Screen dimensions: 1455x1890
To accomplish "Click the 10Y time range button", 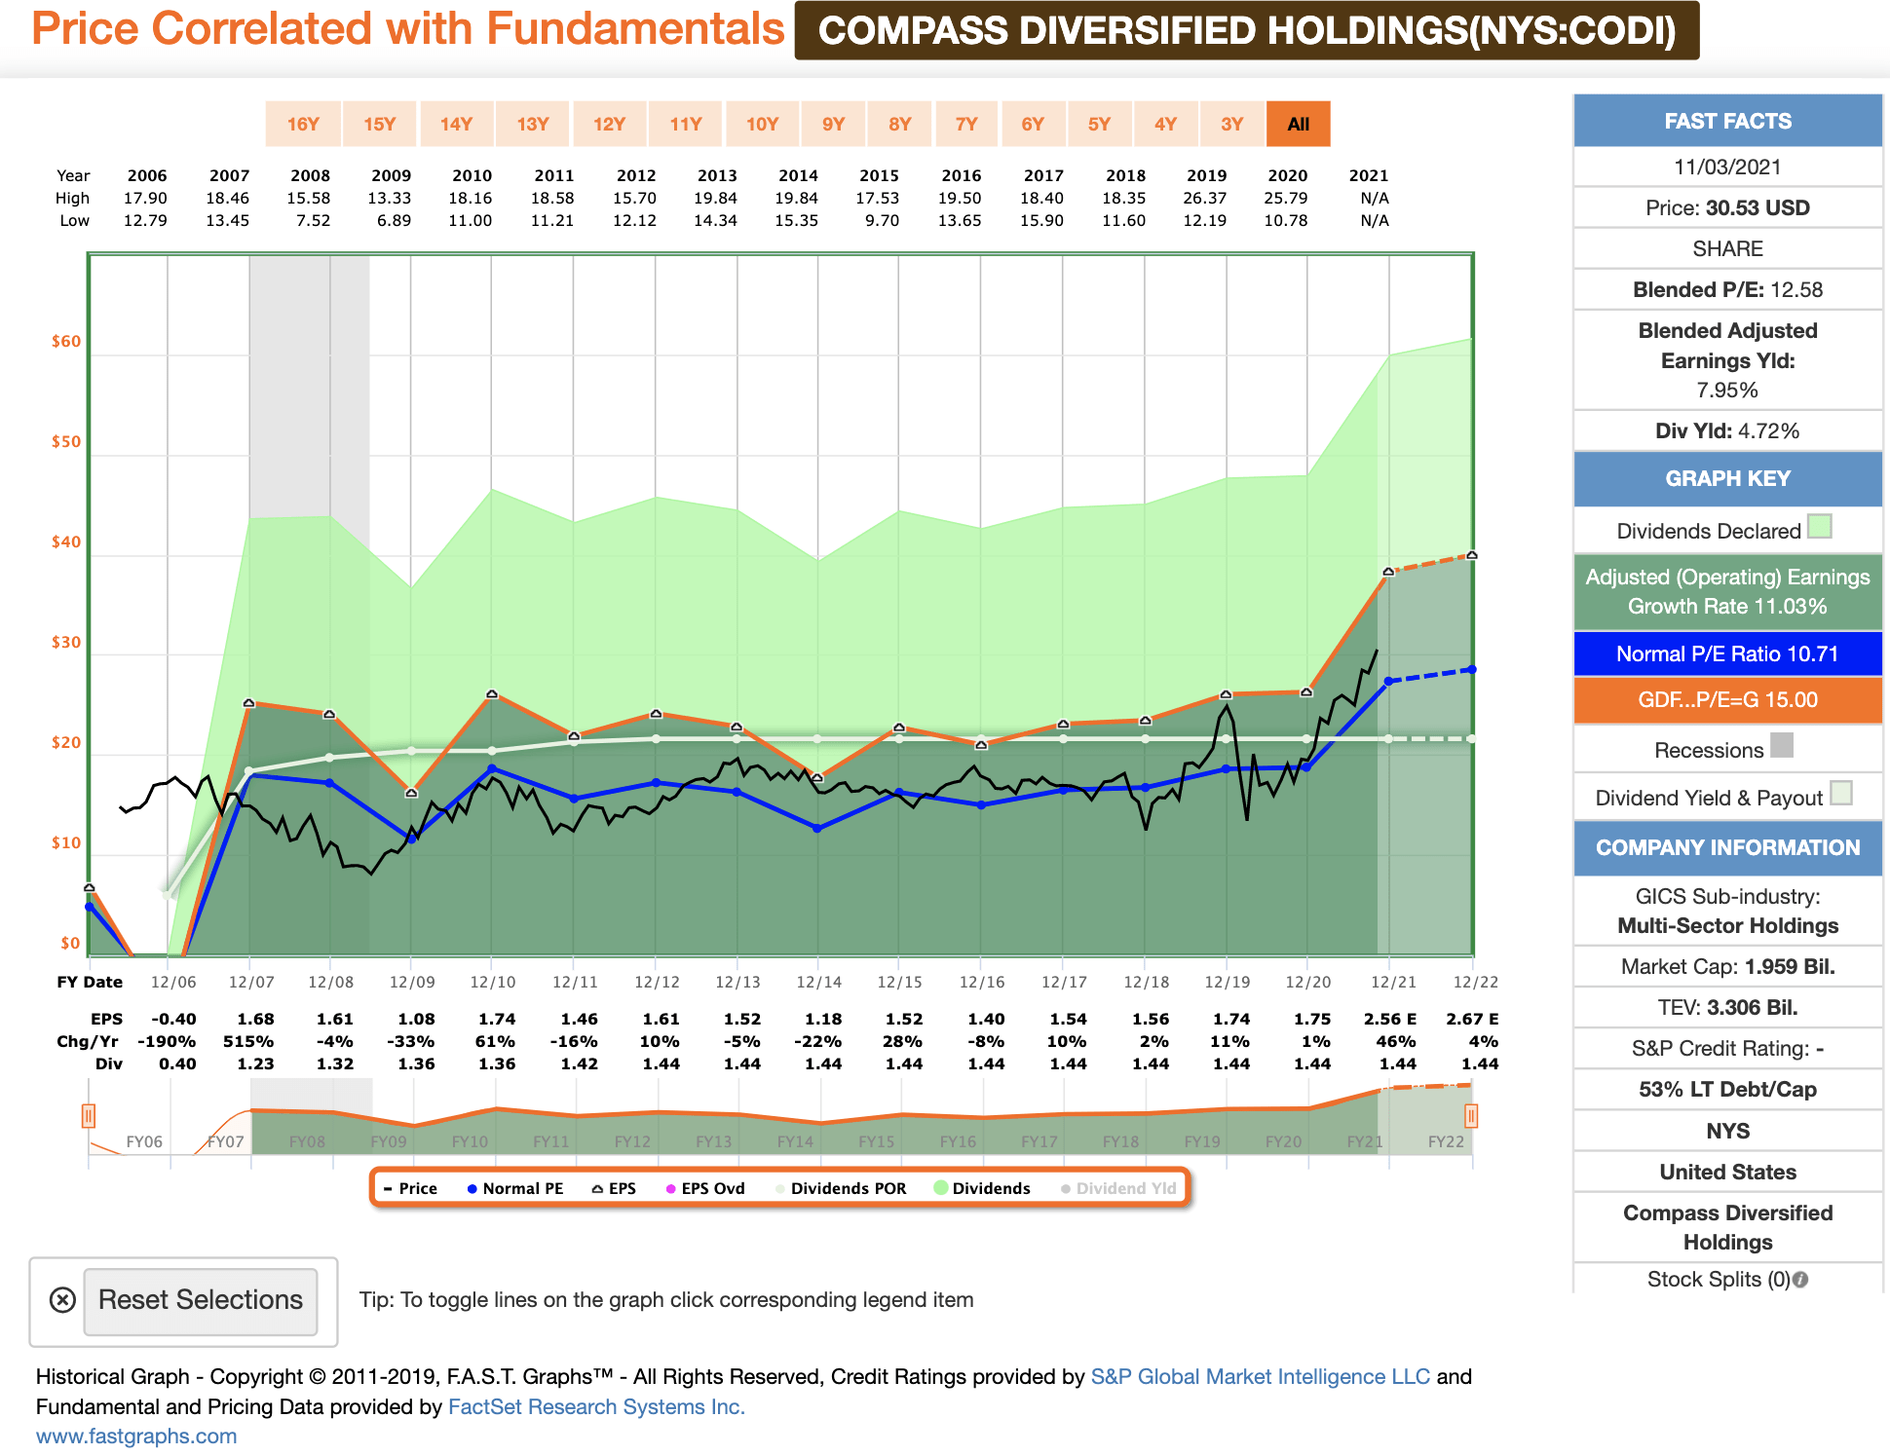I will [x=762, y=124].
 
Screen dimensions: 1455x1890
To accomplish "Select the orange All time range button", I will [x=1298, y=124].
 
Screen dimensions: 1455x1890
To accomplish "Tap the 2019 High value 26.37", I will [x=1205, y=198].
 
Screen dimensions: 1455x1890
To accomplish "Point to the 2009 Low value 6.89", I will [x=394, y=220].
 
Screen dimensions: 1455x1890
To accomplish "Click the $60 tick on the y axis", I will [x=66, y=341].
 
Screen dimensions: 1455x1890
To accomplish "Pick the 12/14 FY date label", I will [x=818, y=982].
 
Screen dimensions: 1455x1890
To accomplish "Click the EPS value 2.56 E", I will [x=1389, y=1019].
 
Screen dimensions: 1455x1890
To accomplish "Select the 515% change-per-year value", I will [x=248, y=1041].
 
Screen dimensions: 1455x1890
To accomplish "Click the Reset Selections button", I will [x=201, y=1300].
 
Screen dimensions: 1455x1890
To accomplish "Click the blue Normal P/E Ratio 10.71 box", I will [x=1726, y=653].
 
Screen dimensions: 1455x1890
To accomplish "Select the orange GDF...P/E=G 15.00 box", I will [x=1726, y=699].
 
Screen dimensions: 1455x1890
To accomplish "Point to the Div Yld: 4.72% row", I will [x=1726, y=430].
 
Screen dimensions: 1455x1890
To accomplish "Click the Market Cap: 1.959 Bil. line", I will [x=1726, y=966].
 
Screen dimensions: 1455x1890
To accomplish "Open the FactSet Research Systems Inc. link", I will [x=595, y=1406].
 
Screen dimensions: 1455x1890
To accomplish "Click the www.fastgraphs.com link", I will [x=136, y=1436].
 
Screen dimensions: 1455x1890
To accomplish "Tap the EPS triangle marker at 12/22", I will [x=1471, y=555].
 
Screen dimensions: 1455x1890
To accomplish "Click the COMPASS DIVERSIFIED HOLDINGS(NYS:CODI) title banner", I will [x=1246, y=31].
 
